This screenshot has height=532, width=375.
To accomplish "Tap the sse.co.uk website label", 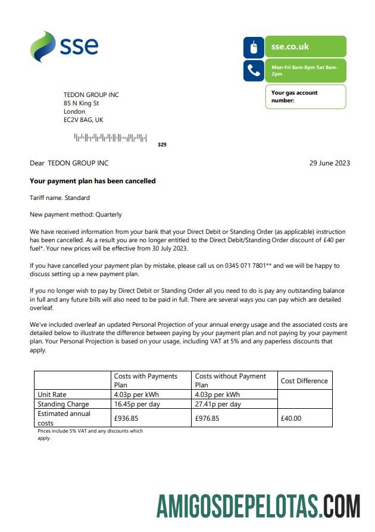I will tap(290, 46).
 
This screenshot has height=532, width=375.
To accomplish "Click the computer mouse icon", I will tap(254, 47).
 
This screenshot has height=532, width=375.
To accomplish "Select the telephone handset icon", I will tap(254, 71).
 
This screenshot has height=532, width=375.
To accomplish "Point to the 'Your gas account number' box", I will tap(305, 96).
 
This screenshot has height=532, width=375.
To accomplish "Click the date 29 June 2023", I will tap(330, 163).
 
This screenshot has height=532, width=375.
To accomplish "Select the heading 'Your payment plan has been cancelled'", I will tap(92, 181).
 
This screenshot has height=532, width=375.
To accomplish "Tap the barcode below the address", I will tap(110, 138).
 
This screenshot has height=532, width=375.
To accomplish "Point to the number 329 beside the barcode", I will tap(162, 145).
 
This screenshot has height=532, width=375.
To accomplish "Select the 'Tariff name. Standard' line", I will tap(60, 198).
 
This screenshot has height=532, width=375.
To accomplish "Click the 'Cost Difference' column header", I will tap(304, 381).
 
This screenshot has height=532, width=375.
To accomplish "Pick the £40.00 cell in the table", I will tap(290, 418).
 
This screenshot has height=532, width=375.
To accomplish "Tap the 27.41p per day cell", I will tap(217, 404).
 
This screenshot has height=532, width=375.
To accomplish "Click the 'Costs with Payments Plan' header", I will tap(145, 380).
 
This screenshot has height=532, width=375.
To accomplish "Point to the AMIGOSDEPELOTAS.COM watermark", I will tap(258, 506).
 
